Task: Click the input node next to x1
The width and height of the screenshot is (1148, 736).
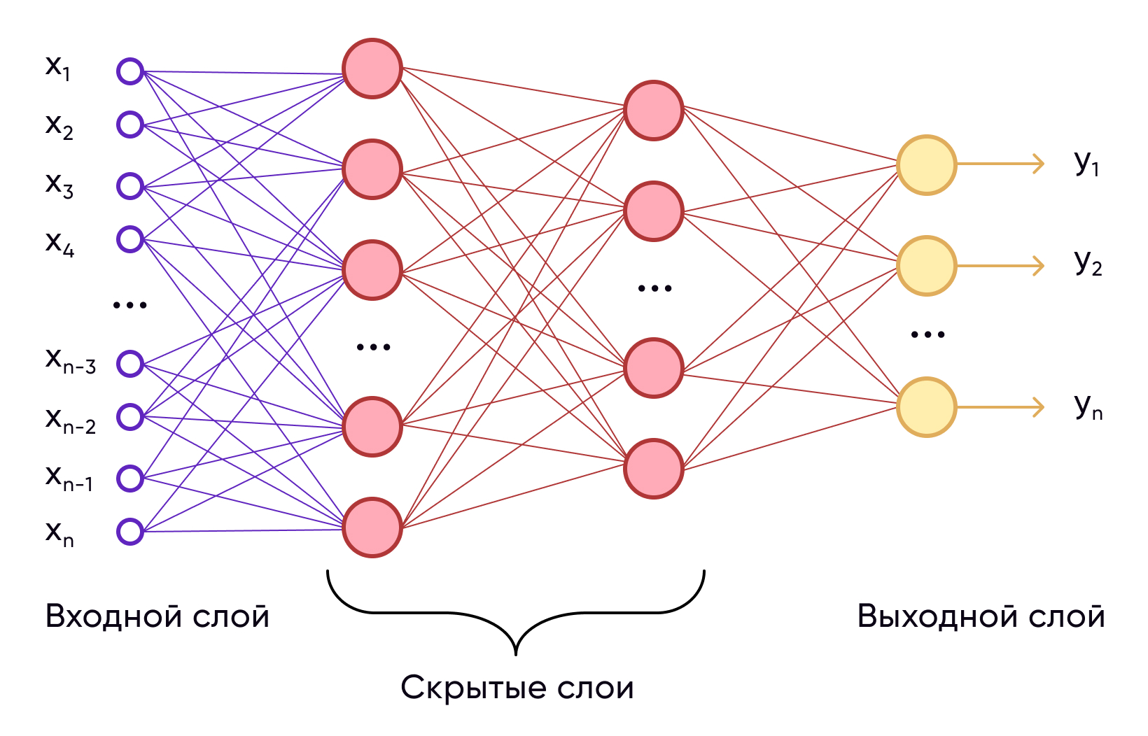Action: coord(130,71)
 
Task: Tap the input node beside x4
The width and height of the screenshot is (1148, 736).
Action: coord(130,239)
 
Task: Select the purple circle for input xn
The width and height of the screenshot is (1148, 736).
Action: coord(130,532)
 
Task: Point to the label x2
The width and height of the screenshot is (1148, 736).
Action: coord(59,126)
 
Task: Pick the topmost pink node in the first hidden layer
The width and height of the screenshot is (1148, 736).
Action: coord(372,69)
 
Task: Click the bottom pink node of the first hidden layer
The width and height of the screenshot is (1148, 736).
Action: coord(372,528)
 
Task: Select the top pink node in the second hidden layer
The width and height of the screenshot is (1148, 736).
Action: coord(654,111)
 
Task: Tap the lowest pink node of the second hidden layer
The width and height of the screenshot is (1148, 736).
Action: coord(654,469)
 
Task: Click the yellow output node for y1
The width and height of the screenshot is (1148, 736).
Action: coord(927,165)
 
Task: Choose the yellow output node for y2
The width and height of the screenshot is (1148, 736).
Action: coord(927,266)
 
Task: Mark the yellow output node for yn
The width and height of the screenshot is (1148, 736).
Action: coord(927,407)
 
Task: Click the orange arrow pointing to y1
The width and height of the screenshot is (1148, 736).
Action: coord(1001,164)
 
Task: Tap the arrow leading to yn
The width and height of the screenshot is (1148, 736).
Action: coord(1001,407)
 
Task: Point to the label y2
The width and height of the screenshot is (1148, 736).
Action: coord(1088,264)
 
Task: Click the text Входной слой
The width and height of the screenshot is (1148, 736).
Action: coord(157,616)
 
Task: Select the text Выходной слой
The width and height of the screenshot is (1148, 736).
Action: coord(981,616)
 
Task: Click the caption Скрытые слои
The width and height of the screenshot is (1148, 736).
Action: coord(517,688)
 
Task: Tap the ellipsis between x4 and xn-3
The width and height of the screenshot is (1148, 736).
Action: coord(130,305)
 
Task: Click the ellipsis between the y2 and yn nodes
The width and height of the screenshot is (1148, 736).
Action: coord(927,335)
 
